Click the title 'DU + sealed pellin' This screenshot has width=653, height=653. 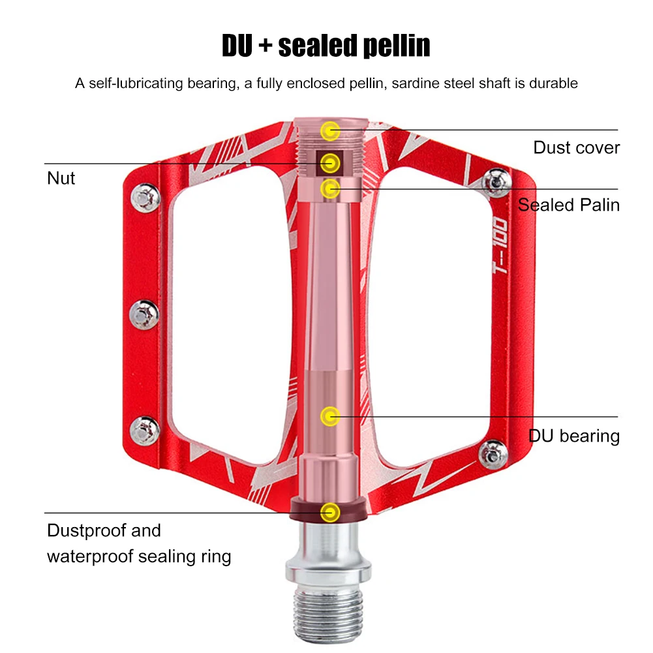pyautogui.click(x=326, y=46)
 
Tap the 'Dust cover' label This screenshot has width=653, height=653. pyautogui.click(x=576, y=147)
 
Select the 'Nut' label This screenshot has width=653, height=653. pyautogui.click(x=61, y=178)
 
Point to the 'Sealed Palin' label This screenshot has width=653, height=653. pyautogui.click(x=569, y=205)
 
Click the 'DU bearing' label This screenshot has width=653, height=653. pyautogui.click(x=574, y=436)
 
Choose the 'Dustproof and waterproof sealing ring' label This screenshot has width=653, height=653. pyautogui.click(x=138, y=543)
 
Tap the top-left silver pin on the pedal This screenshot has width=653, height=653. pyautogui.click(x=144, y=196)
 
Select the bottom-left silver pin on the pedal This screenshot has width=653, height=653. pyautogui.click(x=144, y=429)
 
